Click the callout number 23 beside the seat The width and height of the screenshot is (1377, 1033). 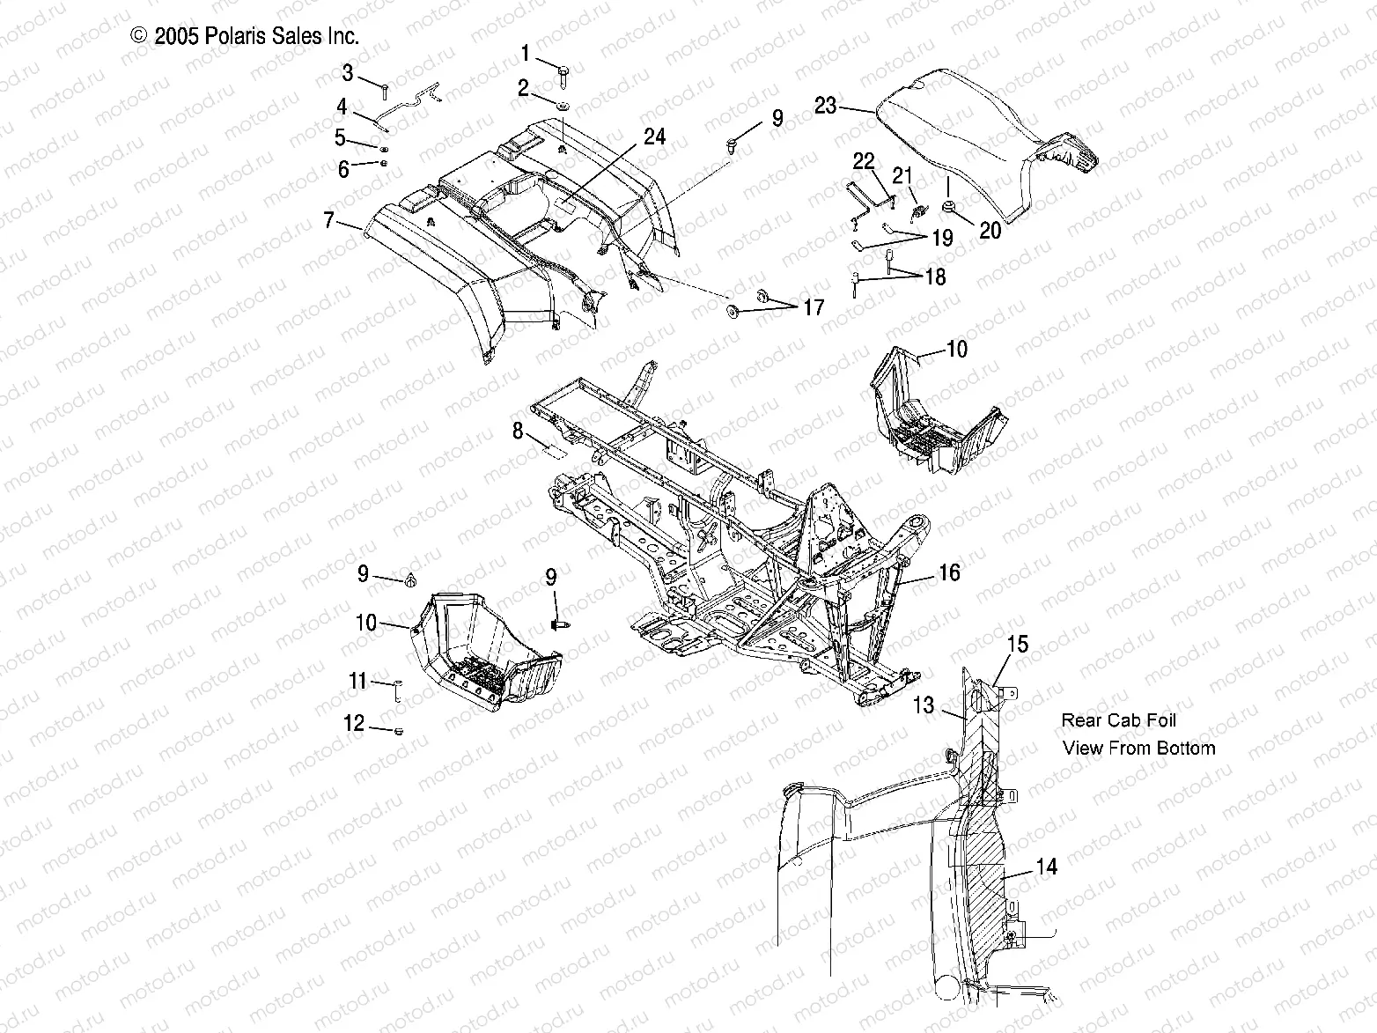click(x=825, y=107)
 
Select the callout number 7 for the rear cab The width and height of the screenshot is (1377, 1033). click(x=328, y=220)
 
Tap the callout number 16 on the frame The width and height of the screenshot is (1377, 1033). click(x=949, y=573)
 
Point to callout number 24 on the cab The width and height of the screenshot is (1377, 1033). click(x=654, y=137)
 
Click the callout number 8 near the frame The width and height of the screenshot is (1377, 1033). click(x=518, y=432)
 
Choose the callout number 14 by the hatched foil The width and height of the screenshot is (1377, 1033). click(x=1047, y=867)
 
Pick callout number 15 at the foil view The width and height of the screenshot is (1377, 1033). click(x=1017, y=645)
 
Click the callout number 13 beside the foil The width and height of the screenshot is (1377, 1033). click(x=923, y=705)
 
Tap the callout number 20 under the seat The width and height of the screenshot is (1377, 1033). click(x=990, y=230)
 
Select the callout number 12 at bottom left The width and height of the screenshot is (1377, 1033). click(x=354, y=724)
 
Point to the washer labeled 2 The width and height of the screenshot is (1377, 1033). click(x=562, y=107)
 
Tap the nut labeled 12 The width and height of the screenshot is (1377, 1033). click(x=399, y=731)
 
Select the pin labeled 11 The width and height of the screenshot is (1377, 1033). click(x=397, y=690)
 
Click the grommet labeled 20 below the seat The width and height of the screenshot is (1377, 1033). click(x=951, y=207)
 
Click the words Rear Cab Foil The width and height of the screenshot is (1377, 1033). click(x=1118, y=720)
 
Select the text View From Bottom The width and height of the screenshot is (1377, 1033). click(x=1138, y=749)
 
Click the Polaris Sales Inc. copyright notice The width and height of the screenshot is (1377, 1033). click(x=245, y=36)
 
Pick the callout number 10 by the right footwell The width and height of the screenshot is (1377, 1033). click(x=956, y=350)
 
